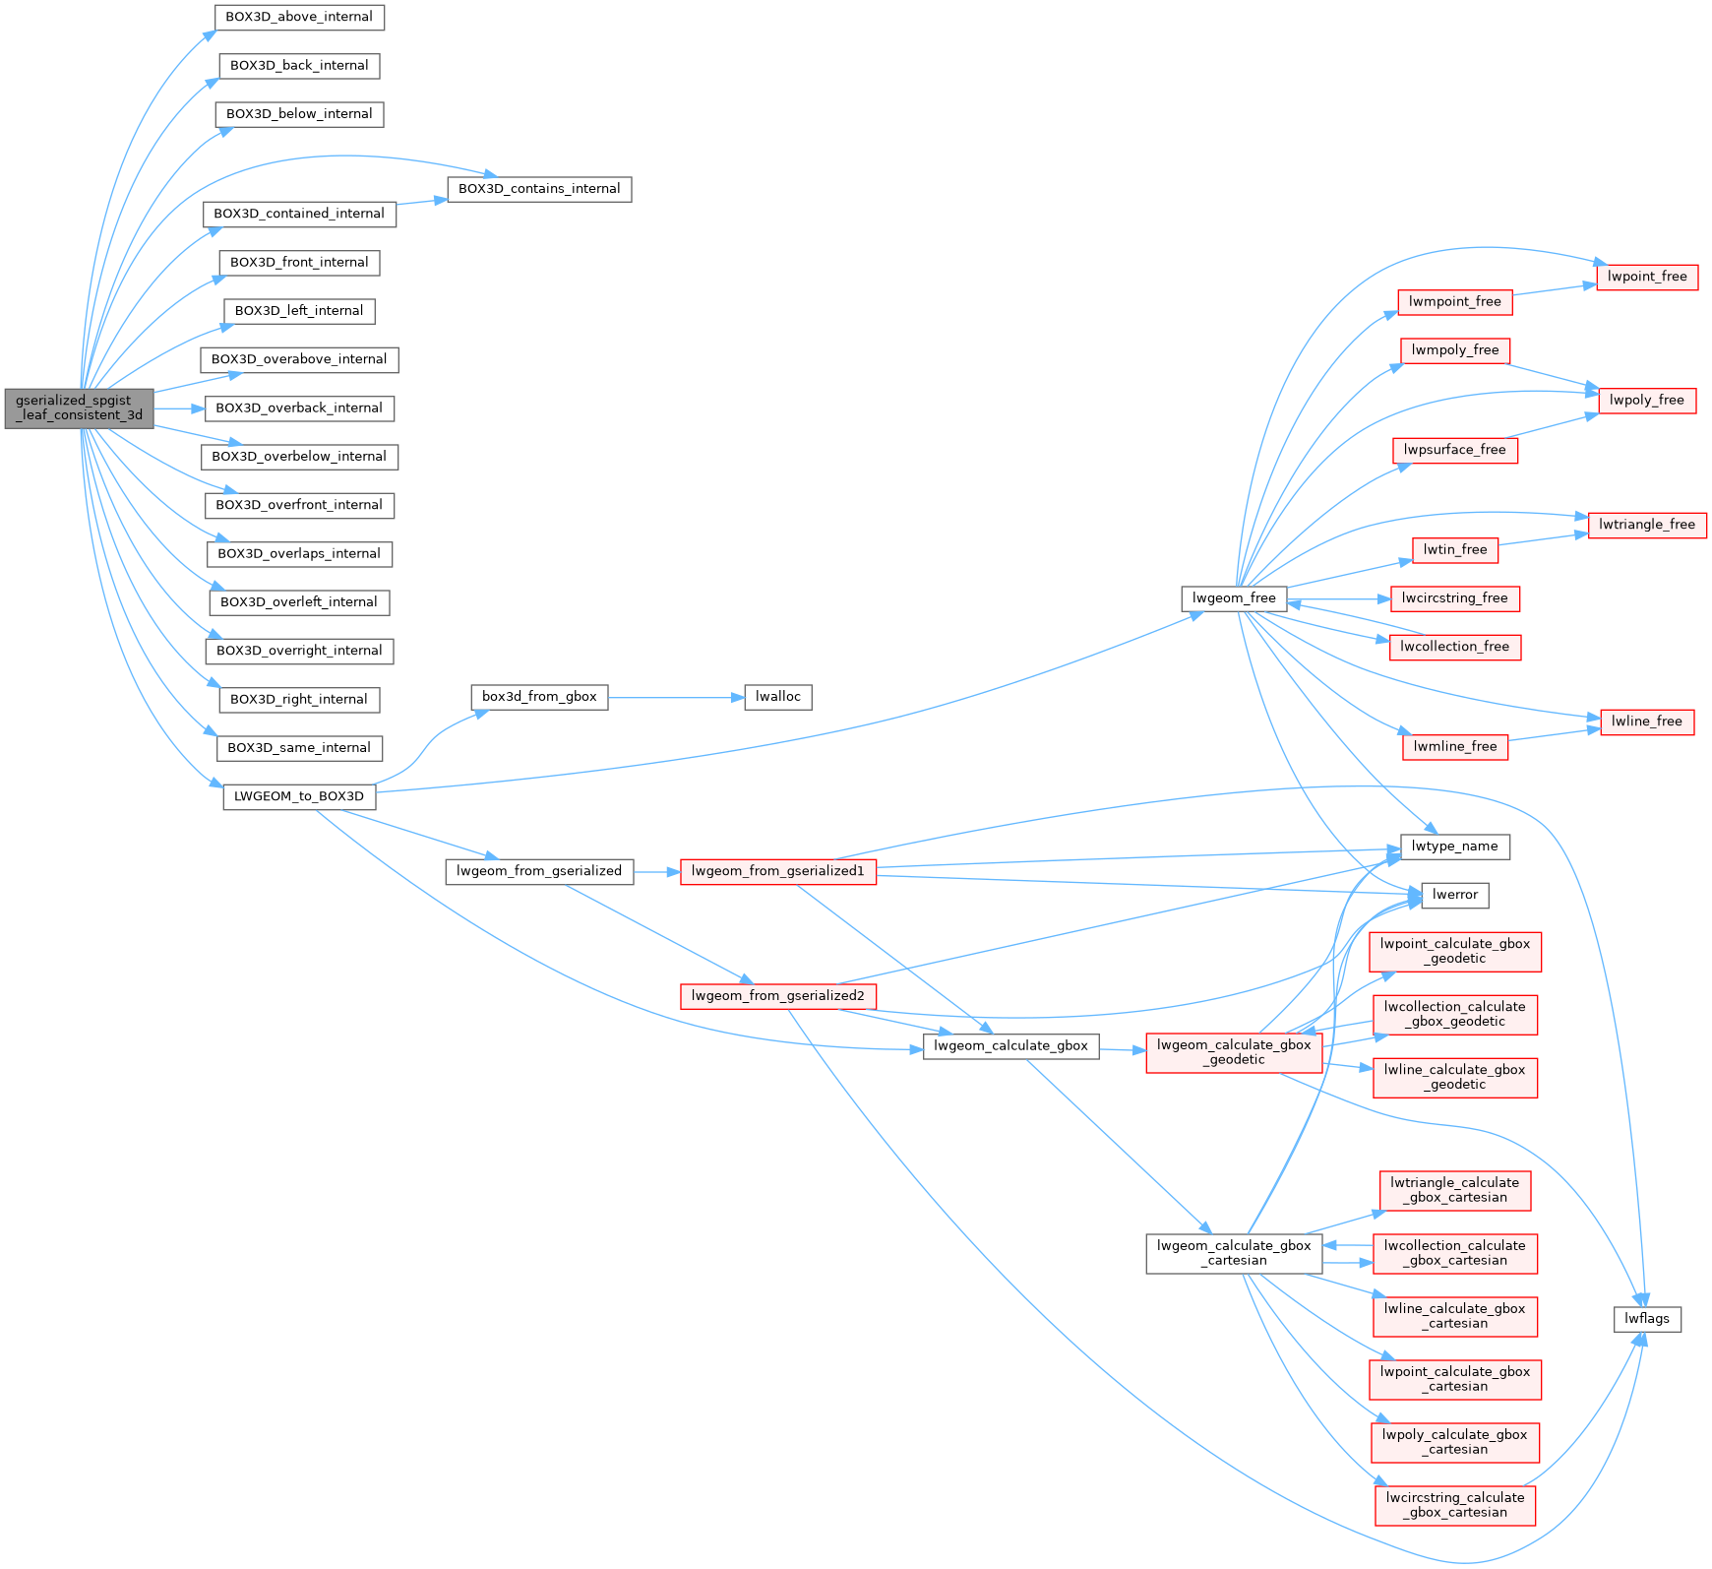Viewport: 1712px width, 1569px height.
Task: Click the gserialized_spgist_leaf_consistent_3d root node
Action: pos(79,408)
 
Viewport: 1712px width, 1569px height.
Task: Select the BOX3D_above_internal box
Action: pos(299,18)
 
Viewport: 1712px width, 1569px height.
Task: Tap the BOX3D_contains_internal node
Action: pos(539,189)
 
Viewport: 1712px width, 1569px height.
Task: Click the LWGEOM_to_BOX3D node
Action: pos(299,796)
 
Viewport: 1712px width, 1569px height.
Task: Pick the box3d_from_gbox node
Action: pos(539,697)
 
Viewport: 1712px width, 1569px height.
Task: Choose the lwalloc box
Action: pos(778,697)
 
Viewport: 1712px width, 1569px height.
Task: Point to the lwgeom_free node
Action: pos(1234,598)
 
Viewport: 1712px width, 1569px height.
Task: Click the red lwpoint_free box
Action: pos(1647,277)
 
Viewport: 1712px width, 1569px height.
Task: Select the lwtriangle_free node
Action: pos(1647,525)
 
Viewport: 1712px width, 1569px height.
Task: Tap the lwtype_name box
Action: pos(1454,847)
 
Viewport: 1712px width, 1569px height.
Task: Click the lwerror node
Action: pos(1455,895)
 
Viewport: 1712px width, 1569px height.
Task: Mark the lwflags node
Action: pos(1647,1319)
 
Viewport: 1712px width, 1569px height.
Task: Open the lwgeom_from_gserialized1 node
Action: pos(777,871)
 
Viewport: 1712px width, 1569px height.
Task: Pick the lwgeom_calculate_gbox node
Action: pos(1010,1046)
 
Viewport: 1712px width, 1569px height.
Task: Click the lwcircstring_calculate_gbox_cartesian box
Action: pos(1454,1505)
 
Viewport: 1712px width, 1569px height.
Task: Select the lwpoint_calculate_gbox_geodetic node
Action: pos(1454,951)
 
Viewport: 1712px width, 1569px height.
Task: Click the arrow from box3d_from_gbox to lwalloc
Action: pos(675,697)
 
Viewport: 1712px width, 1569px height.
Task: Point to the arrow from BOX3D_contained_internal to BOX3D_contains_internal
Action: pos(421,202)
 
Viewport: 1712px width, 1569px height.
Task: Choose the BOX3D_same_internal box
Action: pos(299,748)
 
